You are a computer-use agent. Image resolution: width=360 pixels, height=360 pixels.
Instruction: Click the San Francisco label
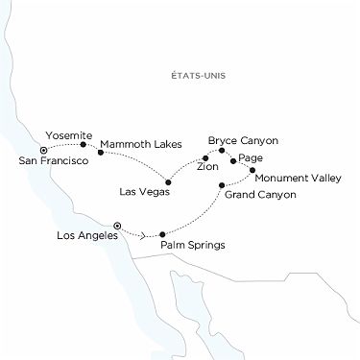(48, 160)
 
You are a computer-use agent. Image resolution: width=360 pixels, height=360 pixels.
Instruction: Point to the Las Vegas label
(143, 192)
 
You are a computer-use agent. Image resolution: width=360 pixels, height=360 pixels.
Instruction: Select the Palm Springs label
(194, 245)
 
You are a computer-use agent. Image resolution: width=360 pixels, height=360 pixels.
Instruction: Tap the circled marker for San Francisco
(43, 150)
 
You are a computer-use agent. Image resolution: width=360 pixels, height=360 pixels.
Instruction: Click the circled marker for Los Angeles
(117, 226)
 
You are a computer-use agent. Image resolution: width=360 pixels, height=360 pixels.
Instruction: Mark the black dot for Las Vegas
(169, 182)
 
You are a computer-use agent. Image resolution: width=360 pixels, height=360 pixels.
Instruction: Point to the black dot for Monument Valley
(253, 170)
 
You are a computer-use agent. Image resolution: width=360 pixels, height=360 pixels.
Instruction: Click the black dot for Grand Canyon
(222, 185)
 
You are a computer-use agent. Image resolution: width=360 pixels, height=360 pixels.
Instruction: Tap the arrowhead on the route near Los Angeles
(144, 233)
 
